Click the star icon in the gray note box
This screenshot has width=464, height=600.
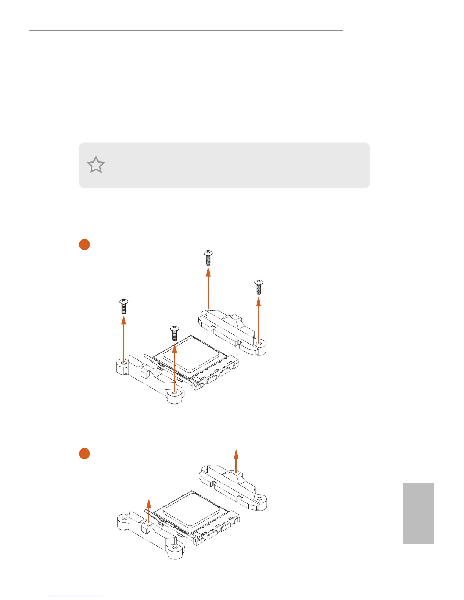96,165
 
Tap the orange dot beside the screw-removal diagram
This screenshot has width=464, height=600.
84,244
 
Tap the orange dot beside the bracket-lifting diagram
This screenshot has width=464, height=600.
84,453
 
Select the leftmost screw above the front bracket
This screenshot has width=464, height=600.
124,306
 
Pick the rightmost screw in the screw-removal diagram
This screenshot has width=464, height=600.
259,287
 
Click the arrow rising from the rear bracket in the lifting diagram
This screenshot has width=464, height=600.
236,461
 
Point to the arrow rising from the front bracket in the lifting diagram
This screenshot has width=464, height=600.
149,511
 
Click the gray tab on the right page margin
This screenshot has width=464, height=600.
418,513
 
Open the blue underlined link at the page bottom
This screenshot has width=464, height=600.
75,597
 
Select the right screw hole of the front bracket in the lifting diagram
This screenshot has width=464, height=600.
174,548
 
